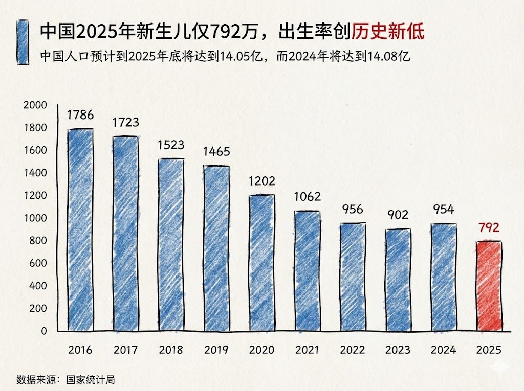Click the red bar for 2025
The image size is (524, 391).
pos(489,286)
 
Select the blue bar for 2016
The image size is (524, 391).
pos(80,230)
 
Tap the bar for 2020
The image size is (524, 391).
pos(261,263)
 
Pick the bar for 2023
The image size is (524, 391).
pos(398,280)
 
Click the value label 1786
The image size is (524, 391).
pos(80,115)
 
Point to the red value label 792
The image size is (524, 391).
pos(489,227)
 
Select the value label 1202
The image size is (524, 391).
pos(261,181)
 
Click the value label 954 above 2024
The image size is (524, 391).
pos(443,210)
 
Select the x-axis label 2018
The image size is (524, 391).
pos(170,350)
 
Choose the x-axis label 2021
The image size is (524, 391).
pos(307,350)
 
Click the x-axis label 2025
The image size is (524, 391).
pos(489,350)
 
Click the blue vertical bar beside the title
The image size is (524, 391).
pos(22,42)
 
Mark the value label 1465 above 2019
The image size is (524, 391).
pos(216,152)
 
